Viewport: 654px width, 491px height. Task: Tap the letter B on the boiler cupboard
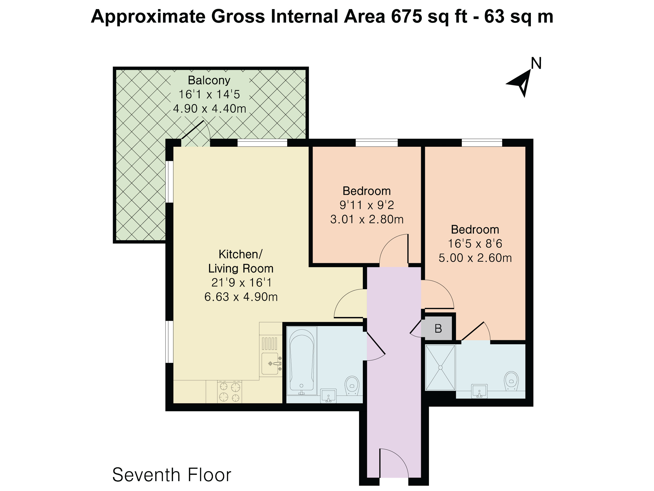tap(438, 329)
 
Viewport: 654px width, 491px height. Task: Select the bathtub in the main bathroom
tap(302, 361)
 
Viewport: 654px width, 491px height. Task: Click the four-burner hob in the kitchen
tap(229, 392)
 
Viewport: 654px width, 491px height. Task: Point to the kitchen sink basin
tap(270, 364)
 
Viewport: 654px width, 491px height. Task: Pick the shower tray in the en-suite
tap(440, 367)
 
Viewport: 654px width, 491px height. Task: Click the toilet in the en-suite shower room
tap(511, 381)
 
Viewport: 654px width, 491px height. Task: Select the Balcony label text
tap(209, 80)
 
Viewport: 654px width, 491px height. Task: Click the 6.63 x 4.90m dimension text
tap(241, 297)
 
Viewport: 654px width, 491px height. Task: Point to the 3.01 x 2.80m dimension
tap(367, 219)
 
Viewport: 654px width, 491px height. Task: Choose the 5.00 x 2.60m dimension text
tap(475, 258)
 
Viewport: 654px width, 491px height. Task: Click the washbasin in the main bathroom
tap(329, 396)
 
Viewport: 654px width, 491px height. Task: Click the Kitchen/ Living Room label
tap(241, 261)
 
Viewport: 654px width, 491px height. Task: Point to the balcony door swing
tap(196, 133)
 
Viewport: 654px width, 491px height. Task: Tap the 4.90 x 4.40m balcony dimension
tap(210, 109)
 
